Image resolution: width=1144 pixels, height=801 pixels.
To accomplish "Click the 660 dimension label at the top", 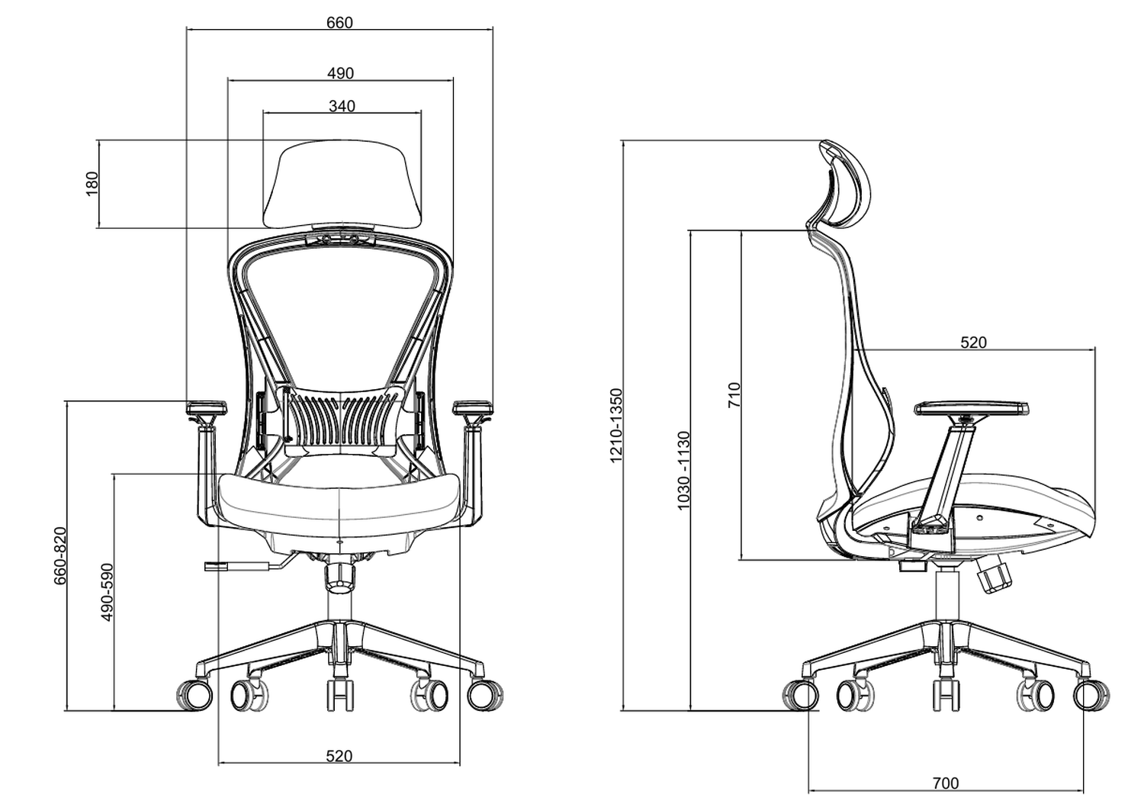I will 339,22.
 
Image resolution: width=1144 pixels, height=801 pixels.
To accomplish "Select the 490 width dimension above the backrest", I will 340,73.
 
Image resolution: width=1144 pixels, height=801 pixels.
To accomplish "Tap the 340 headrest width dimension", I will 342,106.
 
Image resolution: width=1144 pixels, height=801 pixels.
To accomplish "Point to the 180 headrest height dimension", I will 92,184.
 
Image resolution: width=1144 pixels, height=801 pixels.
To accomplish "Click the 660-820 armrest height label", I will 60,555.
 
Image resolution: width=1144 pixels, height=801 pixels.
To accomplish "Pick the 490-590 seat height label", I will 108,592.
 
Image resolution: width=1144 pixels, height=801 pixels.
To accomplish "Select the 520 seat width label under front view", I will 339,756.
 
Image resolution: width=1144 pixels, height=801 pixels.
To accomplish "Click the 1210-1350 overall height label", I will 617,425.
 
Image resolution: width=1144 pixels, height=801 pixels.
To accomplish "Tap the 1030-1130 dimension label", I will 683,471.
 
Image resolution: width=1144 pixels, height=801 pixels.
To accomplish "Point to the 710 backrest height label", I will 734,395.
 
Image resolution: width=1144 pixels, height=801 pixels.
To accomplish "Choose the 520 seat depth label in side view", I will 973,343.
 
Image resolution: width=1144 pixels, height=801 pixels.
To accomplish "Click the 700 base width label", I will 945,783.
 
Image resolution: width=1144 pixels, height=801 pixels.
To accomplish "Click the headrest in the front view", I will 342,183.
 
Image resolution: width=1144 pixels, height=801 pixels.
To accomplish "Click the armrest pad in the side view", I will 969,408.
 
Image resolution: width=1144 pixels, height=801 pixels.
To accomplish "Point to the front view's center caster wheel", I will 340,694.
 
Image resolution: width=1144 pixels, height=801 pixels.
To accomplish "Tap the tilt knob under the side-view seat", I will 994,575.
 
